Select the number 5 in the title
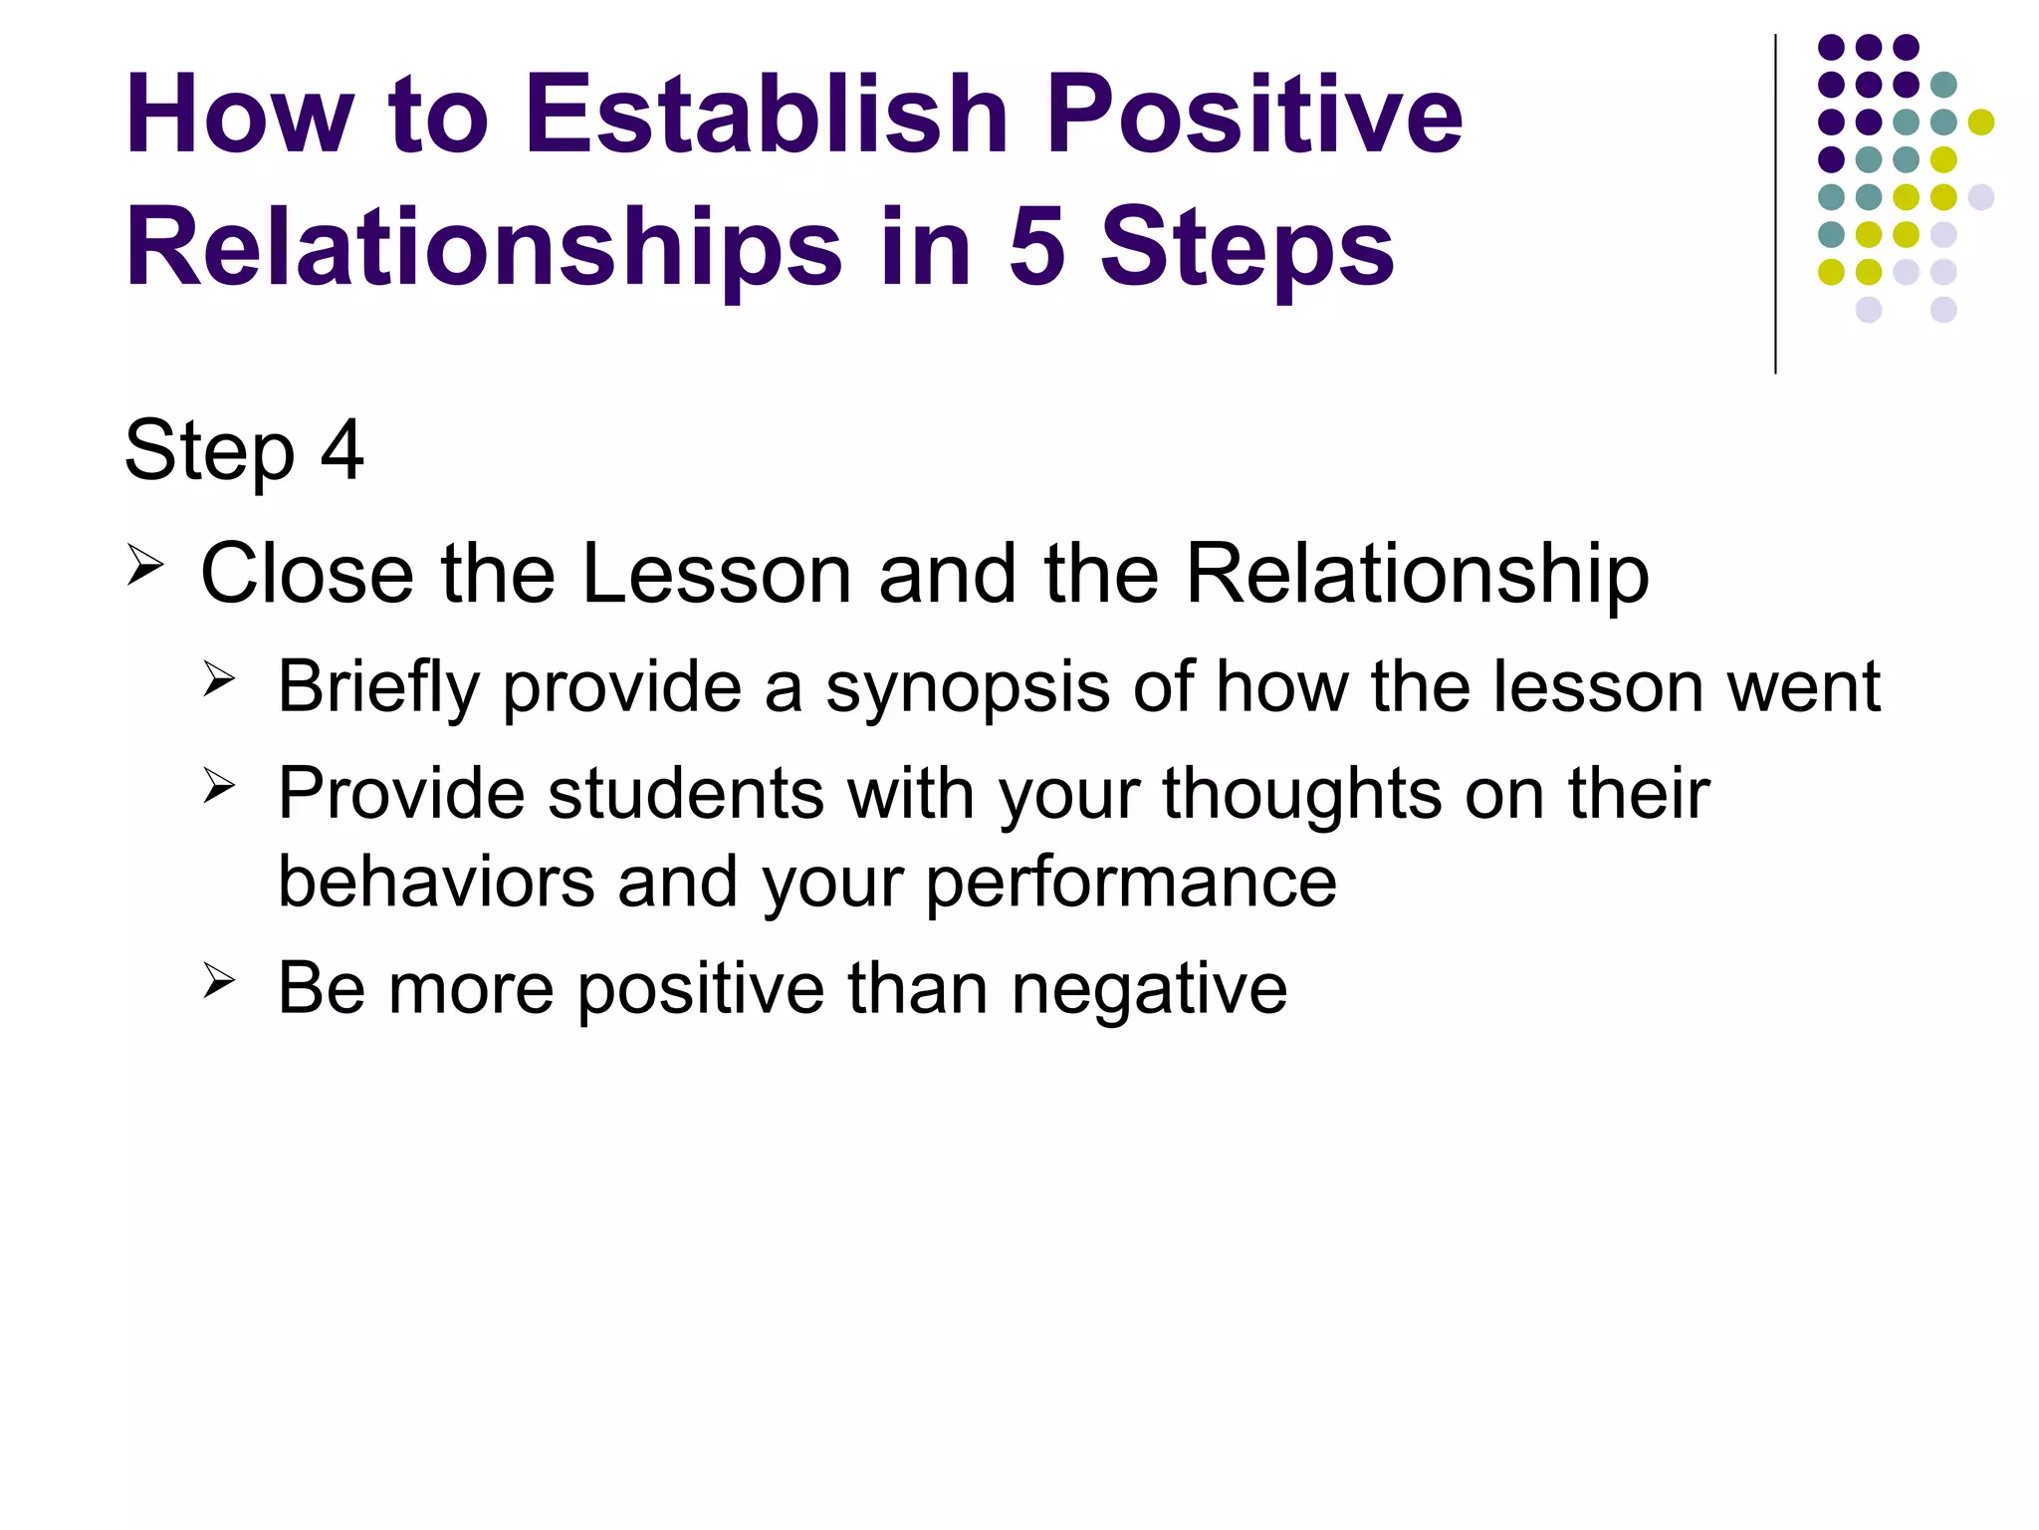coord(1036,247)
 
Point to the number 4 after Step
coord(341,450)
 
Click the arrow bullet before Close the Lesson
coord(145,569)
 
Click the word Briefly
coord(378,688)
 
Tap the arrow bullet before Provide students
coord(219,786)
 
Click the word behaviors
coord(436,882)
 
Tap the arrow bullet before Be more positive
coord(219,980)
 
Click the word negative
coord(1149,990)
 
